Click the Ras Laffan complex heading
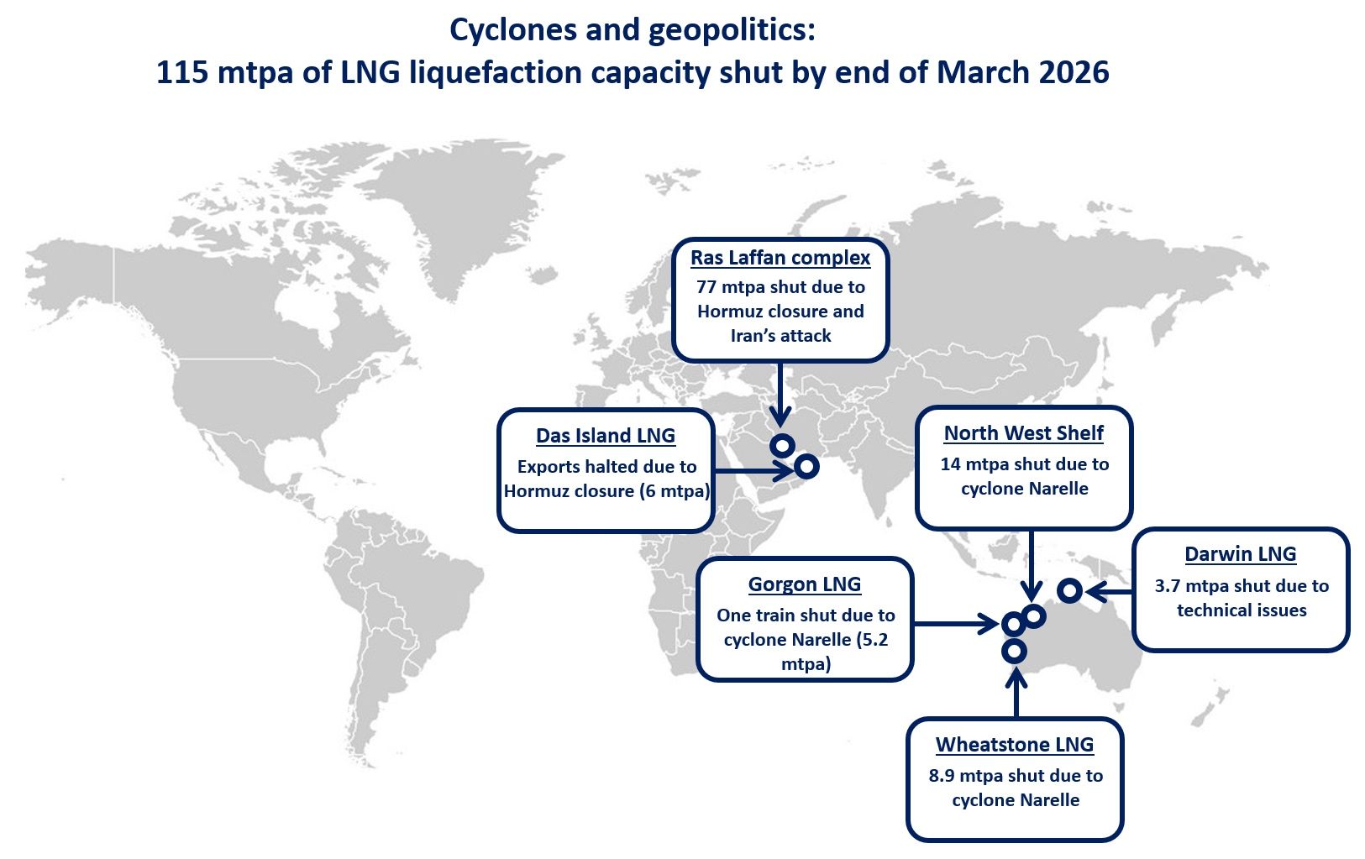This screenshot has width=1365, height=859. [x=780, y=258]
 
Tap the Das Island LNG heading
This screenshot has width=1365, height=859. [x=606, y=436]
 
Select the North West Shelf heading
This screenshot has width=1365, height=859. [x=1023, y=433]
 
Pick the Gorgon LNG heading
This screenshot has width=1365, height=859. [x=805, y=584]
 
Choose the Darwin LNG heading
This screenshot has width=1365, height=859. [x=1240, y=554]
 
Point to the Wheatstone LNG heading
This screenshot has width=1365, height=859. [x=1015, y=745]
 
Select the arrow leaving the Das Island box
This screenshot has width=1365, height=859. [x=752, y=470]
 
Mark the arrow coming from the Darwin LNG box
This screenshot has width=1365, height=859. [x=1109, y=591]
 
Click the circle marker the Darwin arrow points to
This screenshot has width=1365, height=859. [x=1069, y=590]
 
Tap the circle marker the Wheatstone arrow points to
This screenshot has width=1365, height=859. [x=1015, y=651]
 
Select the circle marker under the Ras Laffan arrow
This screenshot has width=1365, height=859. [x=782, y=445]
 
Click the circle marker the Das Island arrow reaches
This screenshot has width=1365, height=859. [x=806, y=466]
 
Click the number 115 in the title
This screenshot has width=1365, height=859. [x=181, y=73]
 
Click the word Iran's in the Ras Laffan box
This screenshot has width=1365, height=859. [x=753, y=336]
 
